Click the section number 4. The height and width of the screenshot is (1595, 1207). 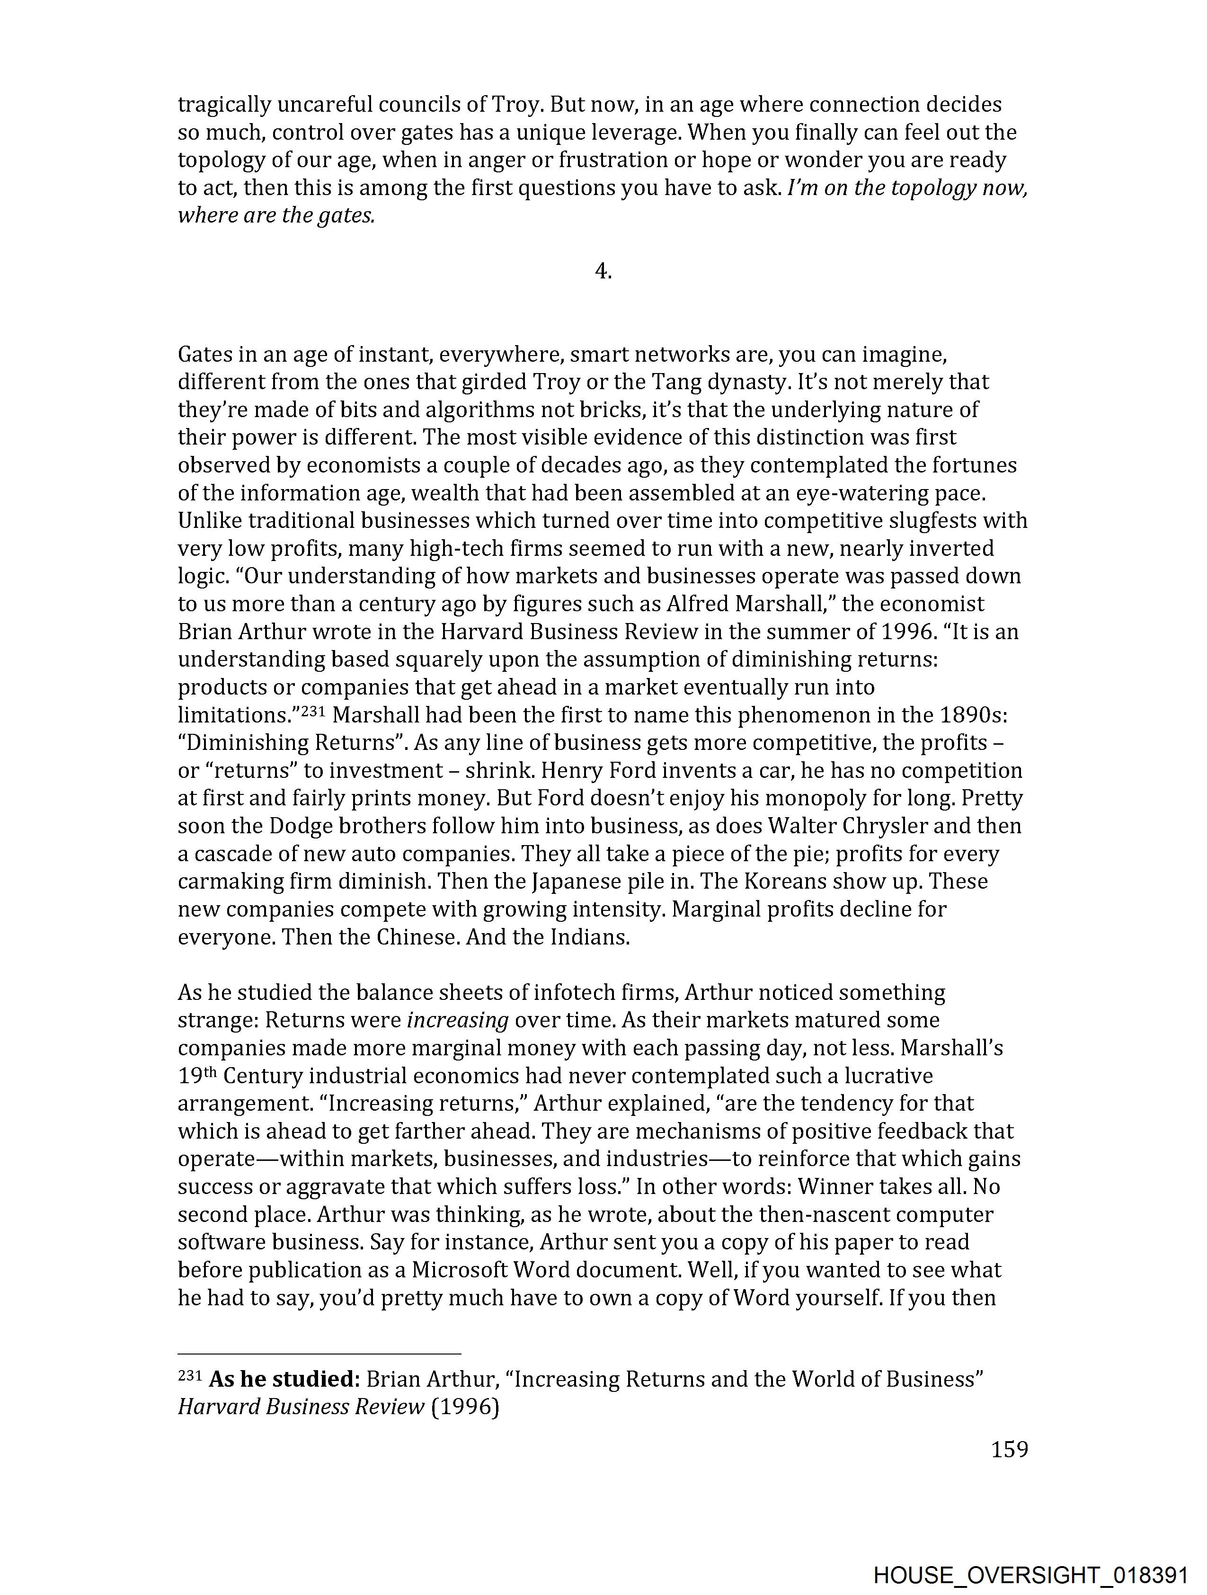(x=603, y=271)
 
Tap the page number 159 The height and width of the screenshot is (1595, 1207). (x=1009, y=1449)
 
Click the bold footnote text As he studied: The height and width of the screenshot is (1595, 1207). (x=284, y=1380)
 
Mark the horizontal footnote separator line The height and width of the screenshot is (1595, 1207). (x=319, y=1354)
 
